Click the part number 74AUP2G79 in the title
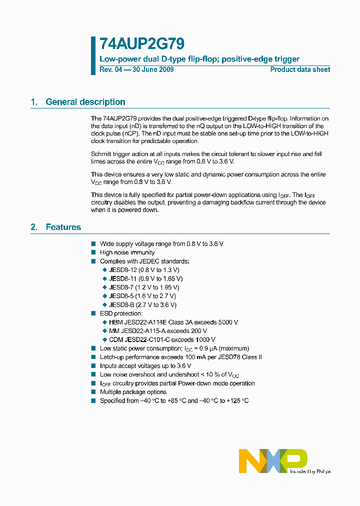pyautogui.click(x=136, y=44)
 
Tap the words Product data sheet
pyautogui.click(x=300, y=69)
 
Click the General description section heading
pyautogui.click(x=85, y=102)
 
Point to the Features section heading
pyautogui.click(x=63, y=227)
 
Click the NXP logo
pyautogui.click(x=273, y=460)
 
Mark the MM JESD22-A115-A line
pyautogui.click(x=157, y=331)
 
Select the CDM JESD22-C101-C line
pyautogui.click(x=162, y=339)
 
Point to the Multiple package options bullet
pyautogui.click(x=133, y=392)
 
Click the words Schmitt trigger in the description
pyautogui.click(x=111, y=154)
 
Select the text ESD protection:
pyautogui.click(x=121, y=313)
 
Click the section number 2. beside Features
pyautogui.click(x=34, y=227)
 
